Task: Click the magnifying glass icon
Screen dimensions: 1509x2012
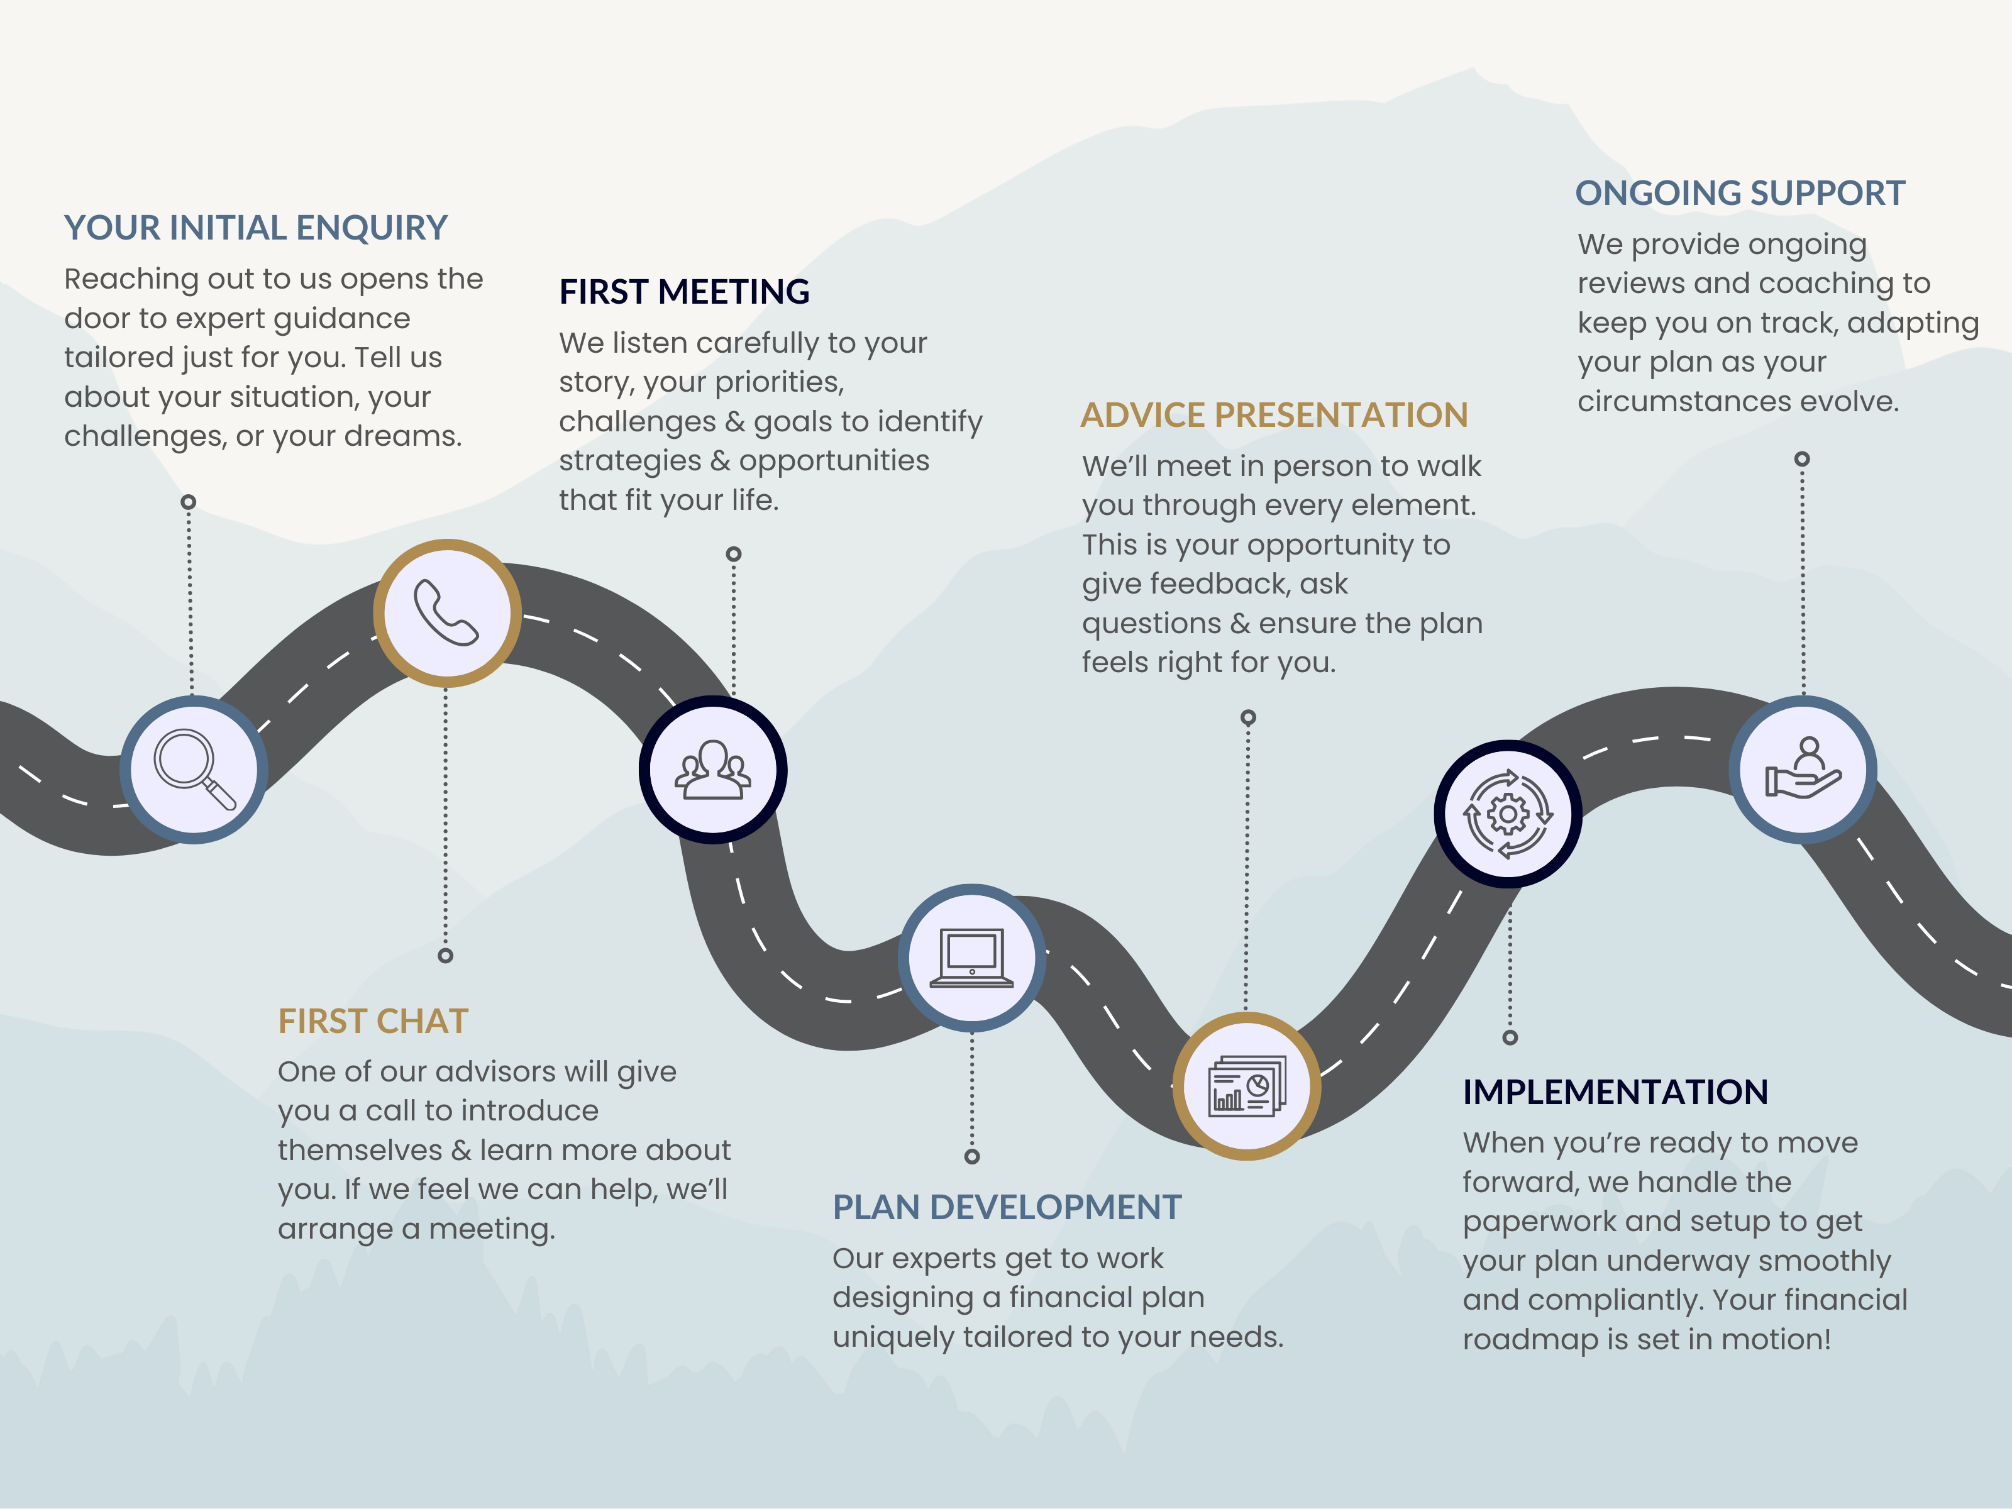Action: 194,768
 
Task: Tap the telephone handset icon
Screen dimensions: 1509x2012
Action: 446,613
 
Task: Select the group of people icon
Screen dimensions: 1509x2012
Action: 713,770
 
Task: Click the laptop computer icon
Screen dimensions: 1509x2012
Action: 971,958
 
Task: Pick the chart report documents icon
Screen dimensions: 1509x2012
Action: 1246,1086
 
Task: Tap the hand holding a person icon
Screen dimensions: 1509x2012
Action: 1803,770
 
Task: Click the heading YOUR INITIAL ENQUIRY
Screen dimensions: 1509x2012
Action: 256,228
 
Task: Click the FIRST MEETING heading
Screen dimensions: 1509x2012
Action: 684,292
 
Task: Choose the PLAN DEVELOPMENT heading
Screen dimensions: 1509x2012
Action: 1007,1207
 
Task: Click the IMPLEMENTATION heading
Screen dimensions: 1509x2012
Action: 1615,1092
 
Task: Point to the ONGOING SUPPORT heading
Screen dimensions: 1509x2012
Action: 1740,193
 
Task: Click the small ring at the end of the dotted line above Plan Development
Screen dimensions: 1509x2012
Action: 971,1156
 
